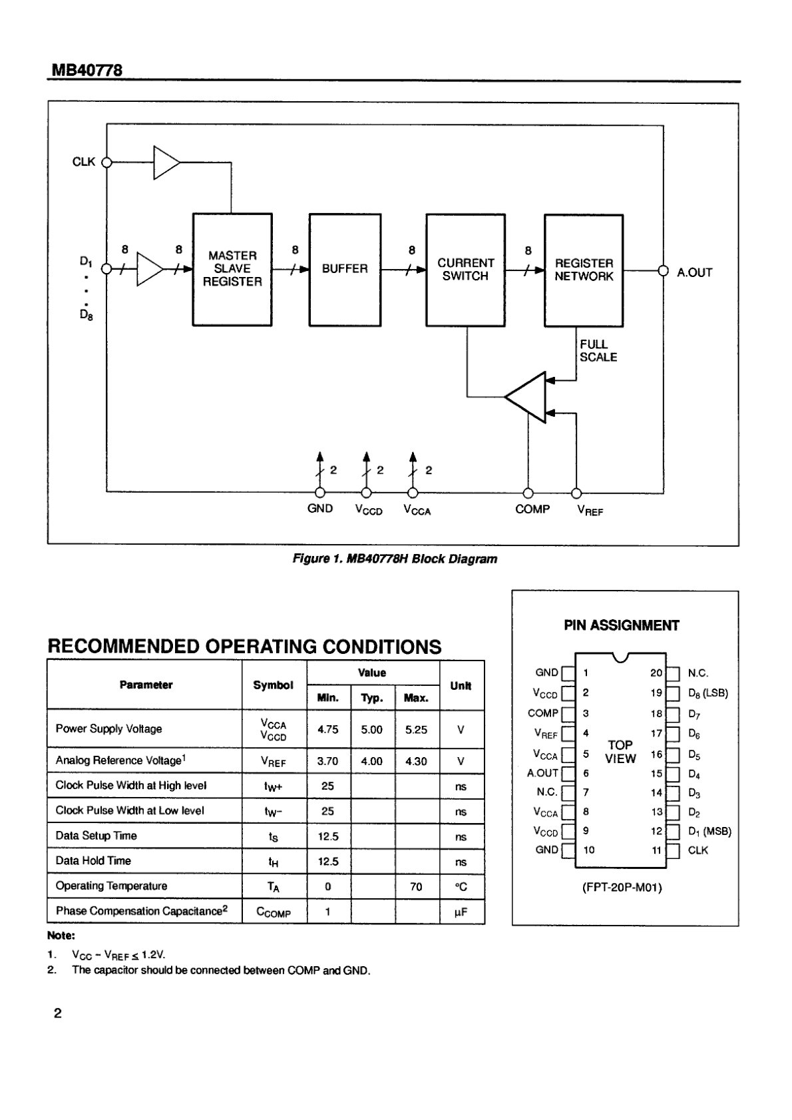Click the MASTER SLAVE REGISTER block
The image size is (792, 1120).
click(232, 270)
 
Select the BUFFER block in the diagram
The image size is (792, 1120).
click(345, 270)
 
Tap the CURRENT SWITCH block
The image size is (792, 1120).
click(465, 270)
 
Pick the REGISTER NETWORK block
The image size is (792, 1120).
click(584, 270)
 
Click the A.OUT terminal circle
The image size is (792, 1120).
click(663, 270)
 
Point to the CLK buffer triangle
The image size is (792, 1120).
click(166, 162)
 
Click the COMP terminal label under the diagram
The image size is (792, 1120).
click(532, 509)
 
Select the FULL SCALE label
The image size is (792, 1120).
click(598, 350)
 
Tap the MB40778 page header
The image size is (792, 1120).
click(87, 69)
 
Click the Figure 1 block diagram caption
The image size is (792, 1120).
click(395, 559)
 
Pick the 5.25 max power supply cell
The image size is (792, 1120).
click(416, 730)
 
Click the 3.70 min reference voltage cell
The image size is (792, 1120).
click(328, 761)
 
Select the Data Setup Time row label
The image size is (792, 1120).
click(96, 836)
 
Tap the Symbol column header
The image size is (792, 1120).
click(274, 685)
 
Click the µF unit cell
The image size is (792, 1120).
click(461, 912)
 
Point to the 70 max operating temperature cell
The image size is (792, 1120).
click(416, 886)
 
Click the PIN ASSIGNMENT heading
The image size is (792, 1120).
click(622, 625)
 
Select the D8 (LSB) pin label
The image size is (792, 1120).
click(708, 693)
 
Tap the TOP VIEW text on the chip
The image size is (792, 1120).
click(620, 752)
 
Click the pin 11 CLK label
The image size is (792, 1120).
click(698, 850)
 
